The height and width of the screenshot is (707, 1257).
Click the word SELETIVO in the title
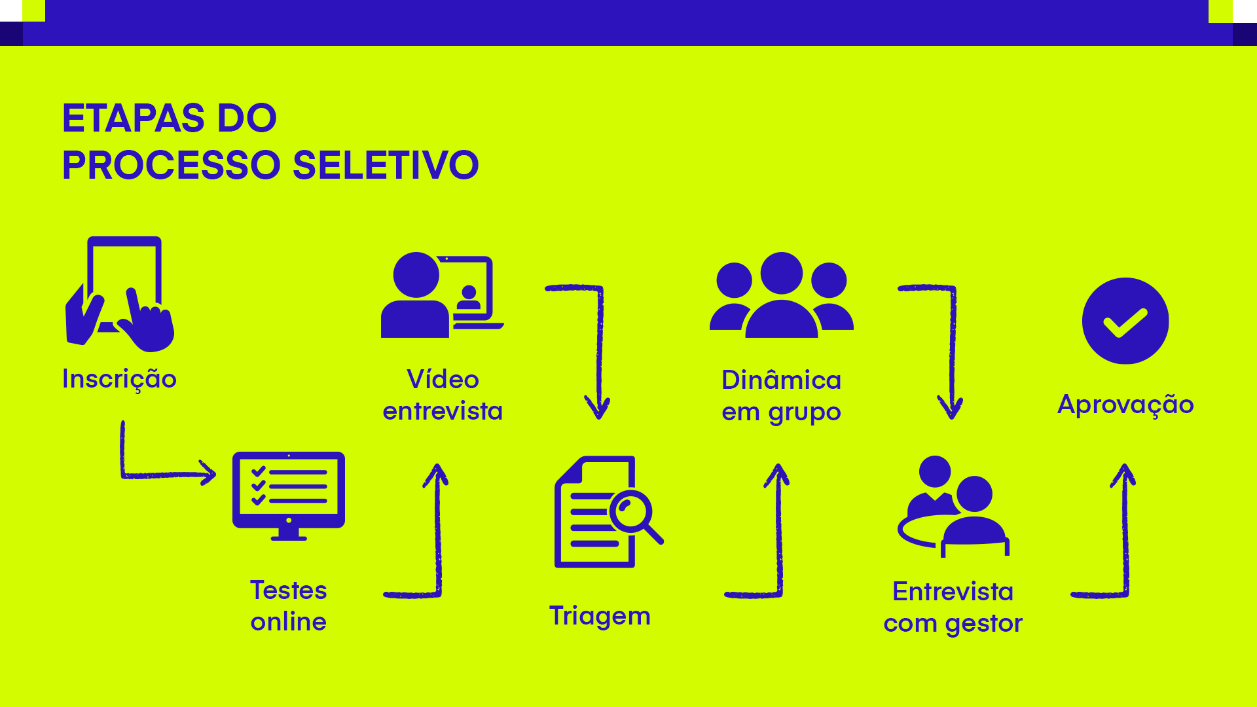[x=386, y=165]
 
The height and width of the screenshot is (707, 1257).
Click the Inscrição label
[x=119, y=379]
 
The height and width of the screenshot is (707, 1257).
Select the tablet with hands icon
[x=120, y=294]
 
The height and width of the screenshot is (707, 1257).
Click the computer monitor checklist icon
[x=289, y=495]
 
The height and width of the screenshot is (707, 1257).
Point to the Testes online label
[x=289, y=606]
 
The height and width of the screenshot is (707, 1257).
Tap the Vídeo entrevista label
[x=443, y=395]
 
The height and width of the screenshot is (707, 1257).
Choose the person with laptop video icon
[x=442, y=295]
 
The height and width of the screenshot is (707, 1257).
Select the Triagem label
[x=600, y=616]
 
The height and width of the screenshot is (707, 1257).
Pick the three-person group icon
[x=781, y=295]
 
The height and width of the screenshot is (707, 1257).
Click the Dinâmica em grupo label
[x=781, y=396]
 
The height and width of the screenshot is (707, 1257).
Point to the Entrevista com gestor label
[x=953, y=607]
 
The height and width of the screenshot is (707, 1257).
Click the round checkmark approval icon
[x=1125, y=321]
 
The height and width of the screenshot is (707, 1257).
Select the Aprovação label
[x=1125, y=405]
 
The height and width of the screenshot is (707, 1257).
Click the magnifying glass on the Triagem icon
[x=634, y=513]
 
